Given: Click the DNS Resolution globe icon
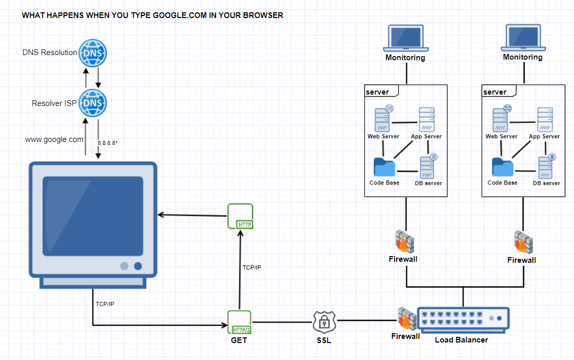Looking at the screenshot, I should (93, 52).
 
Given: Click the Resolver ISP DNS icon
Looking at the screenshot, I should (93, 103).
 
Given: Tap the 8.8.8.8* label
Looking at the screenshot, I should (107, 143).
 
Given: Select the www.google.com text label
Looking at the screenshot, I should (54, 139).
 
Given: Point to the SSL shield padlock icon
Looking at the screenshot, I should (324, 322).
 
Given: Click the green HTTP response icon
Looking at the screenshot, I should (240, 217).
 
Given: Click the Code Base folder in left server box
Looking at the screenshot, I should (384, 167).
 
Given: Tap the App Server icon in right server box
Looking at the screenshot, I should (545, 120).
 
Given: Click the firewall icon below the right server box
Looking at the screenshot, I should (523, 242).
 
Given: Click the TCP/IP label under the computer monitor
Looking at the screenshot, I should (105, 304).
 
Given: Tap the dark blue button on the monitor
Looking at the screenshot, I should (138, 266).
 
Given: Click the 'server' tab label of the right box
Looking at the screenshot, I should (495, 92).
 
